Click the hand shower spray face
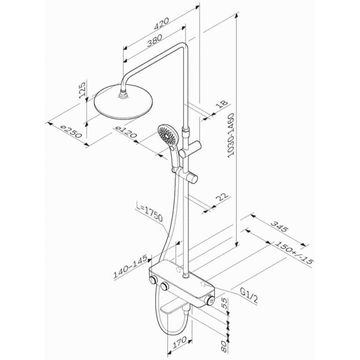click(x=165, y=133)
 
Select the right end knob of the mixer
click(x=210, y=299)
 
